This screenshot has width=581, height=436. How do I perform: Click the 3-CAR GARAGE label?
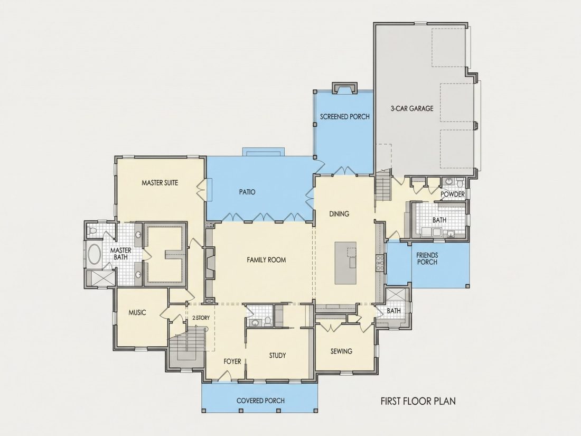[411, 109]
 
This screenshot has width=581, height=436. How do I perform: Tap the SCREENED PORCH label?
[344, 116]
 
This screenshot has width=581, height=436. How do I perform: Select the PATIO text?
[247, 192]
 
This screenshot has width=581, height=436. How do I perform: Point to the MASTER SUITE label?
[160, 182]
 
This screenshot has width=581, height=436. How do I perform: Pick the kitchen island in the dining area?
[346, 263]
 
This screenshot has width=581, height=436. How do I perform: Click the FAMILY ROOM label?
[266, 260]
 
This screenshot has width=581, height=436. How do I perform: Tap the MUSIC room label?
[137, 312]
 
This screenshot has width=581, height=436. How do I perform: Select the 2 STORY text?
[201, 318]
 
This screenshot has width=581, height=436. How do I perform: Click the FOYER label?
[232, 361]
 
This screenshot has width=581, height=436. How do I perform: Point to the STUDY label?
[277, 356]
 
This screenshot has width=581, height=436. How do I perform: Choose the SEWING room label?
[341, 351]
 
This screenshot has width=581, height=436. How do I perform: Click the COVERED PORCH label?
[260, 401]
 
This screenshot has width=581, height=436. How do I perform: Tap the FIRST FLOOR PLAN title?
[418, 401]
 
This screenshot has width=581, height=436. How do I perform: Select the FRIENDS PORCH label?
[427, 259]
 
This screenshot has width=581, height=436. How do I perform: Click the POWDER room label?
[453, 194]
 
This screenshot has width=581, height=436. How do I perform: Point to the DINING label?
[339, 214]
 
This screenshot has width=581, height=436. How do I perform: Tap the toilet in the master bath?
[92, 231]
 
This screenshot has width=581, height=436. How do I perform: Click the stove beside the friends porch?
[380, 262]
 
